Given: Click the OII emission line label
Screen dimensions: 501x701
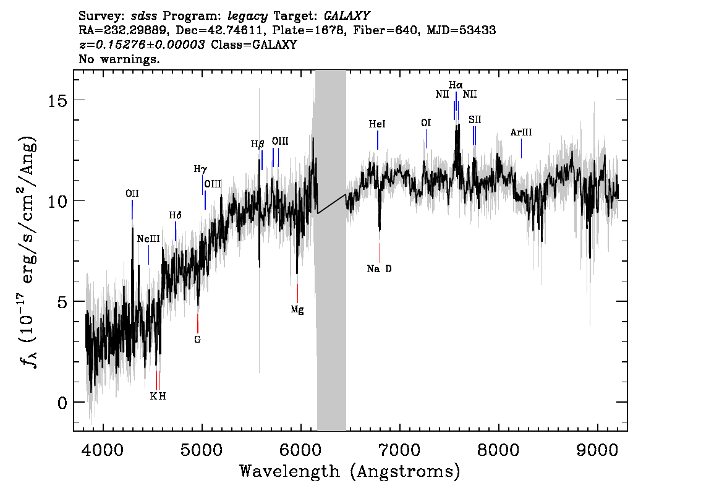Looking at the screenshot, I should click(132, 194).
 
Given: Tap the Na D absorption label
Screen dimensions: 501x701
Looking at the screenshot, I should click(379, 269).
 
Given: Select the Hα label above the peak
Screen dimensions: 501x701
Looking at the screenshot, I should click(456, 85).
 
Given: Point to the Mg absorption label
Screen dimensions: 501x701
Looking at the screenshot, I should click(297, 310).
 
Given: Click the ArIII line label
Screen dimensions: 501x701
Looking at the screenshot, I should click(521, 132).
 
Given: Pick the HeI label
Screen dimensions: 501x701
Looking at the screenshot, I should click(377, 124).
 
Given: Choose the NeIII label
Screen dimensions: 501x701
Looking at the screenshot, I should click(148, 239).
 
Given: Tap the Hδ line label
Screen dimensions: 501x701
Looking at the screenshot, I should click(176, 215).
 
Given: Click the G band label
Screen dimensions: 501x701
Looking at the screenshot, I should click(198, 340).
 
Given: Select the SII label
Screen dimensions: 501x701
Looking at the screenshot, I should click(475, 119).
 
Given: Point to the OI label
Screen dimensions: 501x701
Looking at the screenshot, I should click(426, 123).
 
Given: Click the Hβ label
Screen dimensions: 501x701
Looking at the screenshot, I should click(258, 144).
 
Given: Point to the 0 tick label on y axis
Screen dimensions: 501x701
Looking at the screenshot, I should click(62, 403).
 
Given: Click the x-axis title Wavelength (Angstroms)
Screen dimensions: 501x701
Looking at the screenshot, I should click(350, 472).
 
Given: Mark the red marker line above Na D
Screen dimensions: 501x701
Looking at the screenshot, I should click(380, 252).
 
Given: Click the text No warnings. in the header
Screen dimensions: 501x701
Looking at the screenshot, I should click(119, 60).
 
